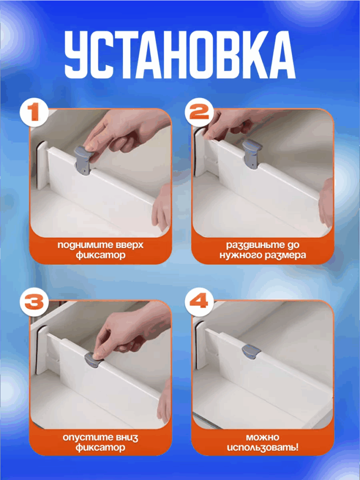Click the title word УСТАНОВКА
pos(180,54)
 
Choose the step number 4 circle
pos(199,302)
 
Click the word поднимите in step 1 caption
pos(78,246)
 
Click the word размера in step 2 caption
pos(284,255)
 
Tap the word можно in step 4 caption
pos(262,437)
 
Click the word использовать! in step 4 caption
pos(262,448)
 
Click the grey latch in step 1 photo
pos(83,159)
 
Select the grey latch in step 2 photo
pos(252,153)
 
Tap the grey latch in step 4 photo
pos(251,351)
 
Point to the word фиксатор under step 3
pos(100,448)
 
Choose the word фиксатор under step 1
pos(100,255)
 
